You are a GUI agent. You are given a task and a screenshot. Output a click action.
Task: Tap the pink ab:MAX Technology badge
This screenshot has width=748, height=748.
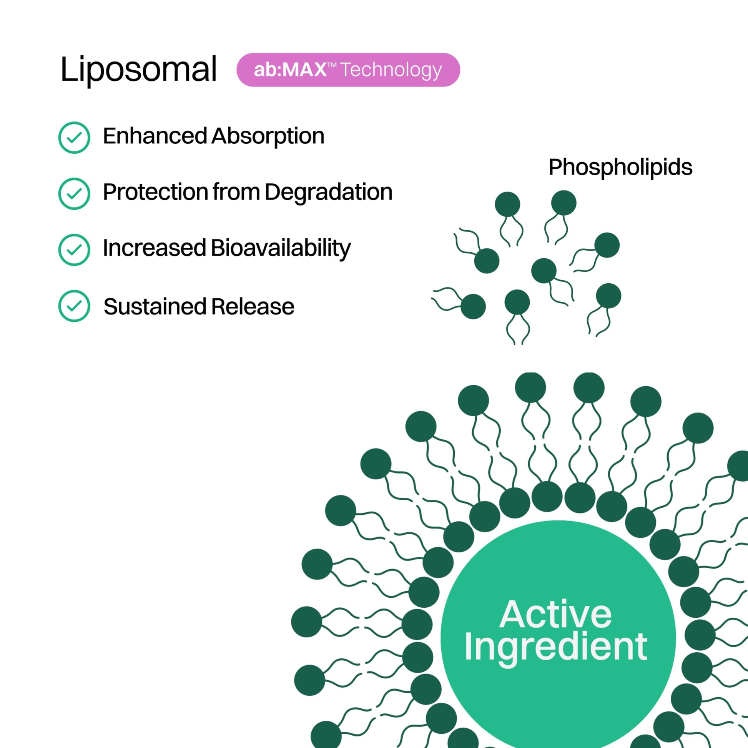(x=348, y=70)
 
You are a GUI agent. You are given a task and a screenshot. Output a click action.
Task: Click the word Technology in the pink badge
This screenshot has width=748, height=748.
(x=391, y=70)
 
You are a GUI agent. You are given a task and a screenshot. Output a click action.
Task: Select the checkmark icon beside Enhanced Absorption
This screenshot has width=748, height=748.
(x=74, y=138)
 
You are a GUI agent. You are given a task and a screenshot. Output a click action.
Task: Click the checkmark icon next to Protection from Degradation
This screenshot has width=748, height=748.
(x=74, y=194)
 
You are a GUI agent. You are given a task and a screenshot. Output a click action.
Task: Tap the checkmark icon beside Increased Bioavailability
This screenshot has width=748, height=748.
(x=74, y=250)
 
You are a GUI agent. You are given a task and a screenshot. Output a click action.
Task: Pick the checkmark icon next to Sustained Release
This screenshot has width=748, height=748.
(x=74, y=306)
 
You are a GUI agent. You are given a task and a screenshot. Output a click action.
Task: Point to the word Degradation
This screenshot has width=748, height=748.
(x=328, y=192)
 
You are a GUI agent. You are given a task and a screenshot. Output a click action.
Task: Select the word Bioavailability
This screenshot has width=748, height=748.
(x=281, y=248)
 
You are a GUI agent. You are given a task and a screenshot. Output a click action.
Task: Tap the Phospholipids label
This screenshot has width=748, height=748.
(x=620, y=167)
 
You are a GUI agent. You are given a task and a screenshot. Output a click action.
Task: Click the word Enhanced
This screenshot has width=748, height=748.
(x=155, y=136)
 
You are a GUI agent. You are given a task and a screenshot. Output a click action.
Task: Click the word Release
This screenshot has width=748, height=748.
(x=253, y=307)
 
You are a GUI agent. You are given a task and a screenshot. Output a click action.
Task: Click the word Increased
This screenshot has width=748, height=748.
(x=154, y=248)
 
